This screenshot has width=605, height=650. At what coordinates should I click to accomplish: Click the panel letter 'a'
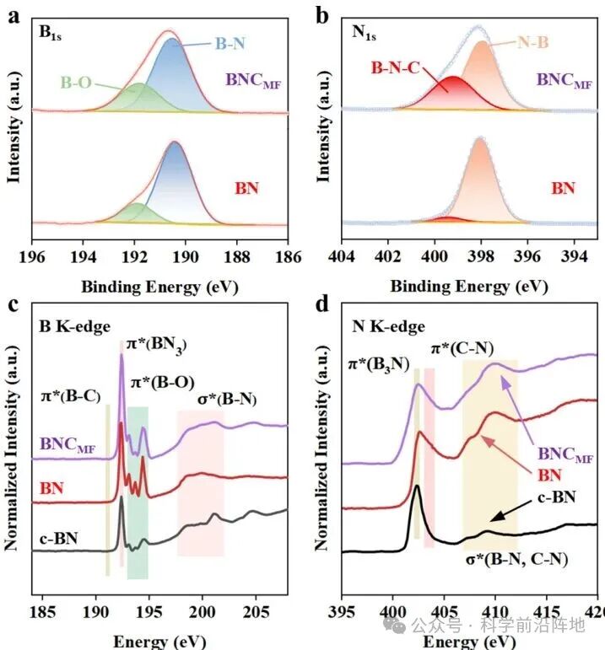(13, 14)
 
